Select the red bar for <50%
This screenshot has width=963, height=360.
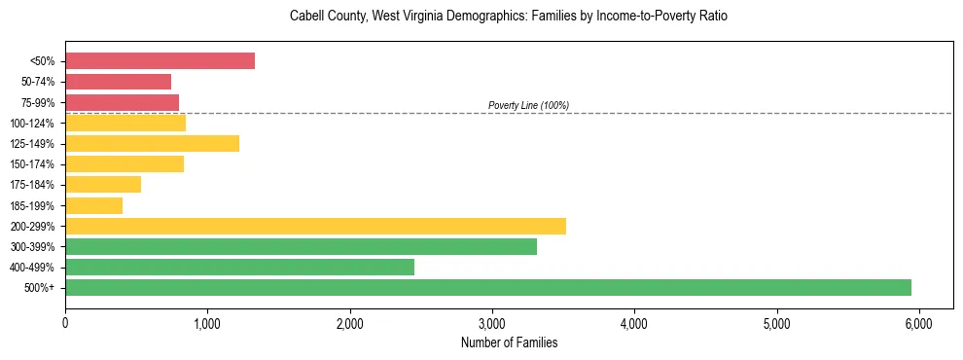tap(160, 61)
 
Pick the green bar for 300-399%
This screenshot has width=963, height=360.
tap(301, 246)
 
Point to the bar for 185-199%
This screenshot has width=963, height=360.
tap(93, 205)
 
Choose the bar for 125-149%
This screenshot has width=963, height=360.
tap(152, 144)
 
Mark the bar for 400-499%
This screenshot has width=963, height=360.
tap(239, 267)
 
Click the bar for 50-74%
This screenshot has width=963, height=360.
tap(118, 82)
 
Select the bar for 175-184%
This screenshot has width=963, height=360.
tap(103, 185)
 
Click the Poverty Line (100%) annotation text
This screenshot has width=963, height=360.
tap(528, 105)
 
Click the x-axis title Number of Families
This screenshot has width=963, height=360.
tap(509, 342)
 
